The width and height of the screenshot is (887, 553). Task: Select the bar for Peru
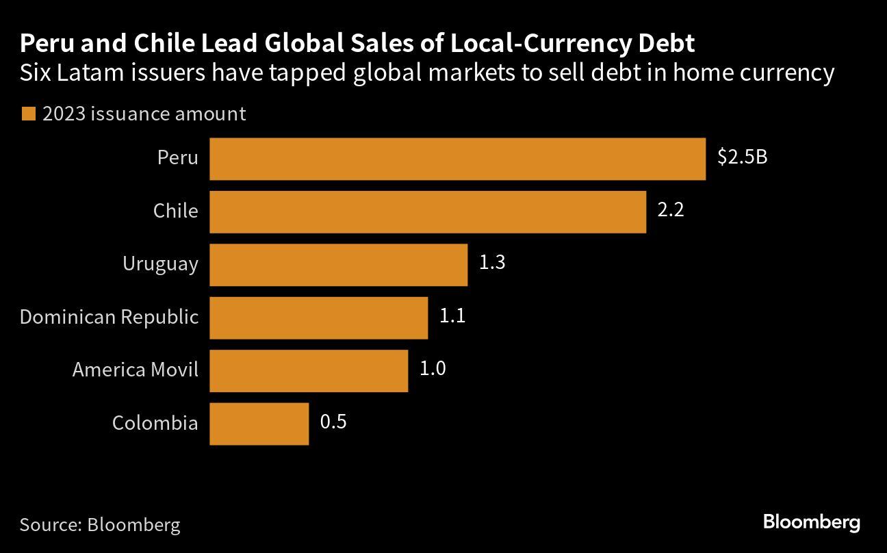[457, 159]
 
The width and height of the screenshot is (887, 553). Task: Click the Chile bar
[428, 211]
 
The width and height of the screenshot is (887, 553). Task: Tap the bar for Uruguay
[338, 264]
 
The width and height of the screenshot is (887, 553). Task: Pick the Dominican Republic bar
[318, 317]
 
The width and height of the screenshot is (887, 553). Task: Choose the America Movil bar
[309, 370]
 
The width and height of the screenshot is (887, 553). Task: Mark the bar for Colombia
[259, 423]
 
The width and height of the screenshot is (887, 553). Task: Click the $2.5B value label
[742, 157]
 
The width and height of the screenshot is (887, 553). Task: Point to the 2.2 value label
[671, 210]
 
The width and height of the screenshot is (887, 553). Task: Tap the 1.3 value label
[491, 263]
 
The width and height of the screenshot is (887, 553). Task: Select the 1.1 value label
[452, 316]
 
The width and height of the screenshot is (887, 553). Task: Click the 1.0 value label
[433, 369]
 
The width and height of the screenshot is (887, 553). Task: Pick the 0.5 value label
[333, 422]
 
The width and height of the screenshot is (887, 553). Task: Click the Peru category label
[177, 158]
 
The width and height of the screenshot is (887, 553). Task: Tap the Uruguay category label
[160, 264]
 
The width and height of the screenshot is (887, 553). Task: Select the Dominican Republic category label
[109, 317]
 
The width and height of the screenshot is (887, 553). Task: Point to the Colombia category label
[155, 423]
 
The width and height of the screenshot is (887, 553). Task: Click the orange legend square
[27, 114]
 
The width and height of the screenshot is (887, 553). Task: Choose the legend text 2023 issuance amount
[144, 114]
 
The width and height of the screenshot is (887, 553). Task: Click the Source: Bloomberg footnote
[100, 525]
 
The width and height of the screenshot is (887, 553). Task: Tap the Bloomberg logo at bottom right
[811, 523]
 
